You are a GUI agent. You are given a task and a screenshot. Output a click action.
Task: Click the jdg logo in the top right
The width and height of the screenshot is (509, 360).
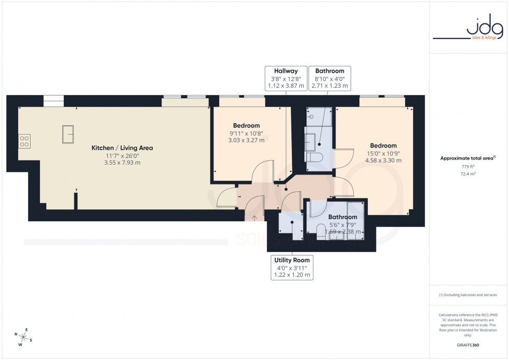coord(468,29)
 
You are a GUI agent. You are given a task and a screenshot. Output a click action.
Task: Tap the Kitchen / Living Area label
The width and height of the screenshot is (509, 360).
coord(122,148)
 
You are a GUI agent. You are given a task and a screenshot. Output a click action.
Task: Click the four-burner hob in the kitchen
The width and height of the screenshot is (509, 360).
coord(24,141)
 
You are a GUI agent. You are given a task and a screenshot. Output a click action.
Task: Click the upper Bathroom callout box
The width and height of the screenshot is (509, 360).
coord(329,78)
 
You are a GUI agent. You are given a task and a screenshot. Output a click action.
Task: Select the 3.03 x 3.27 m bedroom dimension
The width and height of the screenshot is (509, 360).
coord(246,140)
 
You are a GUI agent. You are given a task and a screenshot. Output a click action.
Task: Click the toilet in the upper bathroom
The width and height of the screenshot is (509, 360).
coord(315,157)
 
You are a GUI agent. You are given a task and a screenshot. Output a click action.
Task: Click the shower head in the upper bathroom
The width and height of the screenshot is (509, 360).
coord(311,117)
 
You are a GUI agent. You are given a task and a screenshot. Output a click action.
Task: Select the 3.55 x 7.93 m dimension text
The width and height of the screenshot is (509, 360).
coord(122,163)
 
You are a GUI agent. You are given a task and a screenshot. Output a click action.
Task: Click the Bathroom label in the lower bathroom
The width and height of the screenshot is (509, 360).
coord(342,217)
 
